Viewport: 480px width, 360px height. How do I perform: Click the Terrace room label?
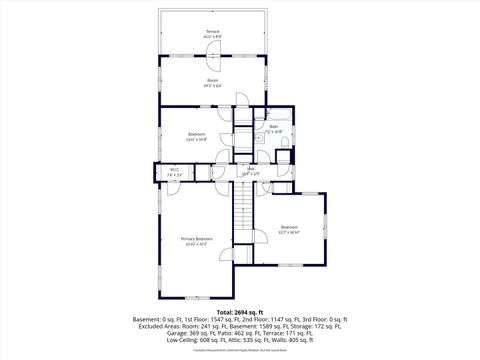tap(213, 32)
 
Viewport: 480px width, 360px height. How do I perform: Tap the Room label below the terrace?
tap(213, 80)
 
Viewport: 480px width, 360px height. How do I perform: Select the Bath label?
tap(273, 126)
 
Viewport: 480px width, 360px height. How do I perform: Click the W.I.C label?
tap(174, 170)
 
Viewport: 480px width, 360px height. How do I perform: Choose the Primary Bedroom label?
tap(197, 239)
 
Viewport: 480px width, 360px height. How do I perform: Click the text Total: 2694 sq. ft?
tap(240, 313)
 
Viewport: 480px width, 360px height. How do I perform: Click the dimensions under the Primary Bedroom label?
tap(197, 245)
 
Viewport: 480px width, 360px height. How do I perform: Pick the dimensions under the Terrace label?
tap(213, 38)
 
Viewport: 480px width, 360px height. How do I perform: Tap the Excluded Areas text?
tap(165, 326)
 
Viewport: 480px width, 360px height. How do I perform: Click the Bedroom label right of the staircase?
tap(289, 227)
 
